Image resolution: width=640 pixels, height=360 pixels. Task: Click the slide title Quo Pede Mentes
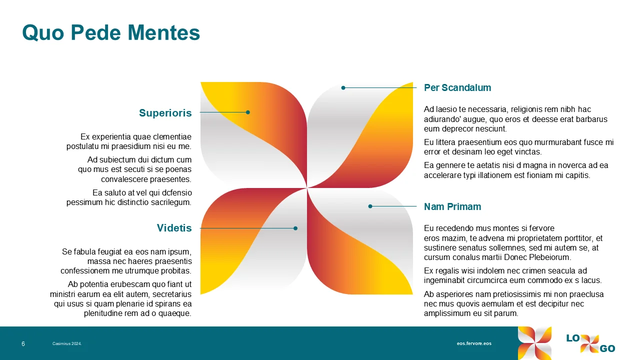click(x=111, y=33)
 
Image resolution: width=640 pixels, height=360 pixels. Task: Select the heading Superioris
click(x=165, y=113)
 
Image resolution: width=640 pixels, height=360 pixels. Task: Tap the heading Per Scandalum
click(x=457, y=88)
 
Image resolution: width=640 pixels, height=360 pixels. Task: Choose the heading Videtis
click(x=174, y=228)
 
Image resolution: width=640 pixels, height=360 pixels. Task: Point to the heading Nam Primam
click(x=452, y=206)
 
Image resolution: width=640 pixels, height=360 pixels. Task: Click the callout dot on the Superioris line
click(x=248, y=112)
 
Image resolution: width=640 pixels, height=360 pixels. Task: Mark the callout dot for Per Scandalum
click(x=343, y=88)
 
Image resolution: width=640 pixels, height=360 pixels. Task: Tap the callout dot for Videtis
click(x=295, y=228)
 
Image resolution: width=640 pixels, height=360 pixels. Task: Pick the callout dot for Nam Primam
click(x=370, y=206)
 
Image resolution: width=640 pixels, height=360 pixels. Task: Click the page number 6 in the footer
click(x=23, y=344)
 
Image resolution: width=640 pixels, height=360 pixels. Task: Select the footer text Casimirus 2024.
click(x=67, y=344)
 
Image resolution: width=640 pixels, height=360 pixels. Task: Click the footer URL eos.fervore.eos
click(x=474, y=343)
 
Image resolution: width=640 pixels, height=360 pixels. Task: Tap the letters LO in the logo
click(x=573, y=338)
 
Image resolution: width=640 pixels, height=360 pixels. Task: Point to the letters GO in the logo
click(x=607, y=349)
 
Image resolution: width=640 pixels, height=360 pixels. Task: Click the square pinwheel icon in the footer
click(x=534, y=343)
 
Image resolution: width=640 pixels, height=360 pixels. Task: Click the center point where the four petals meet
click(x=307, y=188)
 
